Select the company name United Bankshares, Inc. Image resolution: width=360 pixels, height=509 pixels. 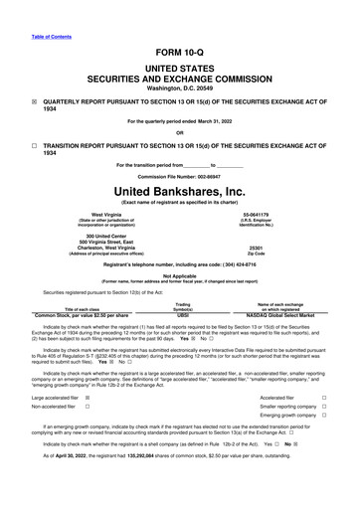179,190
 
